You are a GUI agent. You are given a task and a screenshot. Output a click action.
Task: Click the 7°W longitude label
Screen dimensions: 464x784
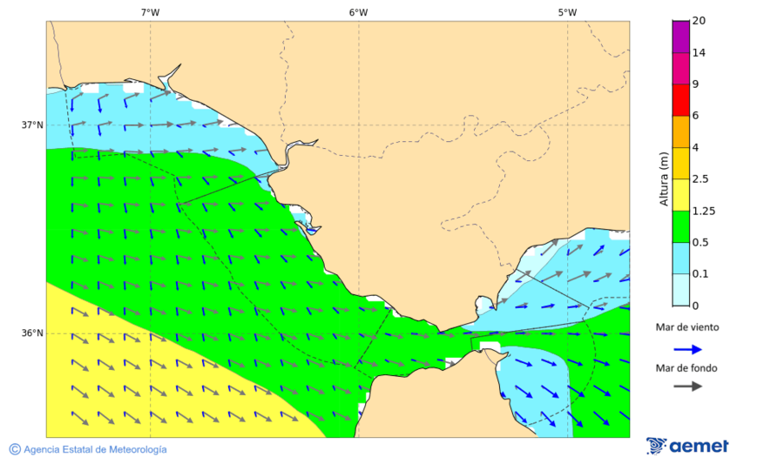pyautogui.click(x=150, y=12)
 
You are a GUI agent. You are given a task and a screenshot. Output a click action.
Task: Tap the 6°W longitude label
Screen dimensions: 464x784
pyautogui.click(x=358, y=12)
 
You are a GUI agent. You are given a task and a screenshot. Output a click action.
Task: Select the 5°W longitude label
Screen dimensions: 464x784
pyautogui.click(x=567, y=12)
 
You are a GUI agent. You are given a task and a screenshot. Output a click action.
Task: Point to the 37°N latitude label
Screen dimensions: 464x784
pyautogui.click(x=32, y=124)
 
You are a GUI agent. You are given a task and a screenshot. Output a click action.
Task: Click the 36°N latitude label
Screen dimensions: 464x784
pyautogui.click(x=32, y=333)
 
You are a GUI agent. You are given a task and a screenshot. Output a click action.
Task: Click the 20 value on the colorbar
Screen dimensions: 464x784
pyautogui.click(x=698, y=21)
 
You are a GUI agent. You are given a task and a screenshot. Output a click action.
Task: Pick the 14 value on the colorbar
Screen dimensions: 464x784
pyautogui.click(x=698, y=52)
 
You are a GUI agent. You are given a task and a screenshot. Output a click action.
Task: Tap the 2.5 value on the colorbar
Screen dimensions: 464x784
pyautogui.click(x=700, y=179)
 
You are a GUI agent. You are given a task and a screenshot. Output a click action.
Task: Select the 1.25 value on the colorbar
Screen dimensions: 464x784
pyautogui.click(x=702, y=211)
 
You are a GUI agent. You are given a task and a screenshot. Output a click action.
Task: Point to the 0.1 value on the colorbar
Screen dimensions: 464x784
pyautogui.click(x=700, y=274)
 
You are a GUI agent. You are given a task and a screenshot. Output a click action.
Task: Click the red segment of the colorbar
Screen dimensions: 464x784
pyautogui.click(x=680, y=99)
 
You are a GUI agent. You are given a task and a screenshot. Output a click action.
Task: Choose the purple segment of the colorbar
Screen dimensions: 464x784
pyautogui.click(x=680, y=37)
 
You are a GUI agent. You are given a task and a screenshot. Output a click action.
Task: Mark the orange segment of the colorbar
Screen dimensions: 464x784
pyautogui.click(x=680, y=131)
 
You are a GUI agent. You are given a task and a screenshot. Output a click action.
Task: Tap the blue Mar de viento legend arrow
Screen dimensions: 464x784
pyautogui.click(x=688, y=349)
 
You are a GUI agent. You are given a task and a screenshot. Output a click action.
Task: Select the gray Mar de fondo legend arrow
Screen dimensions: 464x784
pyautogui.click(x=688, y=385)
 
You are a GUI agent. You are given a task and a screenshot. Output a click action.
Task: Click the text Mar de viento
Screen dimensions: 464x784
pyautogui.click(x=687, y=327)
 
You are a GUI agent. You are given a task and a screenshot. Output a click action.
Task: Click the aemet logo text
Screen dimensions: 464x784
pyautogui.click(x=699, y=447)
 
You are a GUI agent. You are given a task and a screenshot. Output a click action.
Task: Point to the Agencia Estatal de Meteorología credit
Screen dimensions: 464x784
pyautogui.click(x=94, y=449)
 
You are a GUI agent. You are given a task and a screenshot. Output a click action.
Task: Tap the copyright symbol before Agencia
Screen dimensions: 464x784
pyautogui.click(x=15, y=449)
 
